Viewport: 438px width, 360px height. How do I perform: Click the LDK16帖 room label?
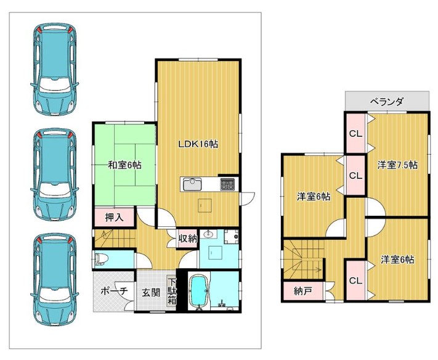[x=198, y=144]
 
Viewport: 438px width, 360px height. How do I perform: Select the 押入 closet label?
[x=115, y=218]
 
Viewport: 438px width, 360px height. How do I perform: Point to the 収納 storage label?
[x=188, y=239]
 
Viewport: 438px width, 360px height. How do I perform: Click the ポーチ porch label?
[x=114, y=291]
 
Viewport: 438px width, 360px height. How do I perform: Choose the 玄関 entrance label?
[x=151, y=293]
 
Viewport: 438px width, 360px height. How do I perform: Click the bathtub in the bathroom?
[x=199, y=292]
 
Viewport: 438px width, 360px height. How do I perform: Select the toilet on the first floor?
[x=99, y=259]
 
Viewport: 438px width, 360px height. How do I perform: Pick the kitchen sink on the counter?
[x=192, y=184]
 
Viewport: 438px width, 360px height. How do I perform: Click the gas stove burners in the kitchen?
[x=228, y=184]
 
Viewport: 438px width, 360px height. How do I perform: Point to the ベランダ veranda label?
[x=387, y=101]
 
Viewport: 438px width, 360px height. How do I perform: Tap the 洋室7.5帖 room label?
[x=397, y=165]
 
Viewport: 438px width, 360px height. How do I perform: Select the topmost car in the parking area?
[x=54, y=70]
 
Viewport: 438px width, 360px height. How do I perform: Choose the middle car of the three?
[x=54, y=174]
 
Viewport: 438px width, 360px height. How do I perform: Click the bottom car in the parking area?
[x=54, y=280]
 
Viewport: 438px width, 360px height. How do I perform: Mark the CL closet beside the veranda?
[x=356, y=134]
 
